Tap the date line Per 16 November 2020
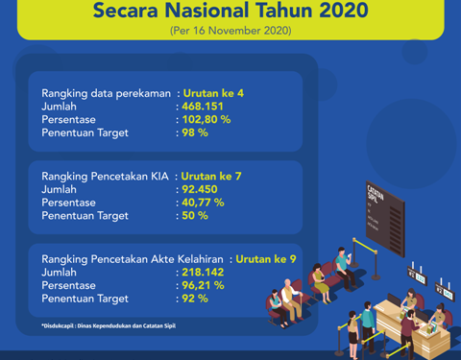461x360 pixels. point(230,32)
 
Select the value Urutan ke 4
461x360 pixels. point(213,93)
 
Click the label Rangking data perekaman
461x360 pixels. point(106,93)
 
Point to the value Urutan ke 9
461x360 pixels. point(266,259)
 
